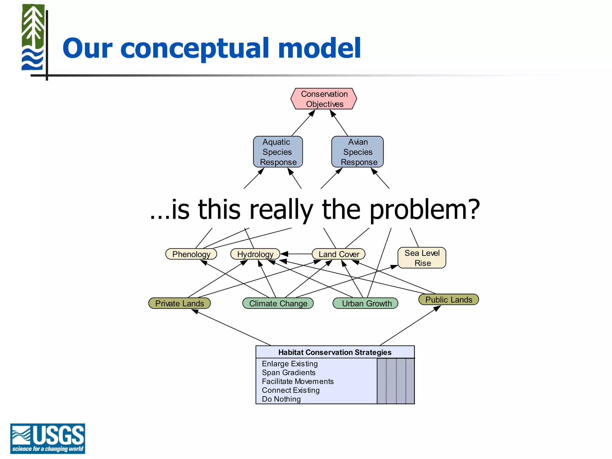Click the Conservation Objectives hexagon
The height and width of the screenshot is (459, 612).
324,99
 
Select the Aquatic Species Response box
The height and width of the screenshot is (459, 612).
278,152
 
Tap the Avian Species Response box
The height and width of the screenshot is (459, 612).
358,152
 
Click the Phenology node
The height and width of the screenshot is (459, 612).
191,254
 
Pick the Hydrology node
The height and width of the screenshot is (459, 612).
255,254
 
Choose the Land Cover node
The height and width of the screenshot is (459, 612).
339,254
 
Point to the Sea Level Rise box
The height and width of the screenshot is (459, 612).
422,258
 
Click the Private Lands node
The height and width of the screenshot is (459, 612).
180,303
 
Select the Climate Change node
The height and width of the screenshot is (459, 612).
278,303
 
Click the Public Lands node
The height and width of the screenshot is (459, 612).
449,299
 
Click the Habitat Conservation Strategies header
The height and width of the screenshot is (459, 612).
335,352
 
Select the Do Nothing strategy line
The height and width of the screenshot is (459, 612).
281,399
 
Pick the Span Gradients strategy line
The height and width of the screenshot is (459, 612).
289,373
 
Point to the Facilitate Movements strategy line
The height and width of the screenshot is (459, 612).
298,382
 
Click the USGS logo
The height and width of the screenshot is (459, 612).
48,438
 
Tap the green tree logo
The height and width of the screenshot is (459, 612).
33,37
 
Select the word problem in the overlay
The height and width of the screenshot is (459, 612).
424,210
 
